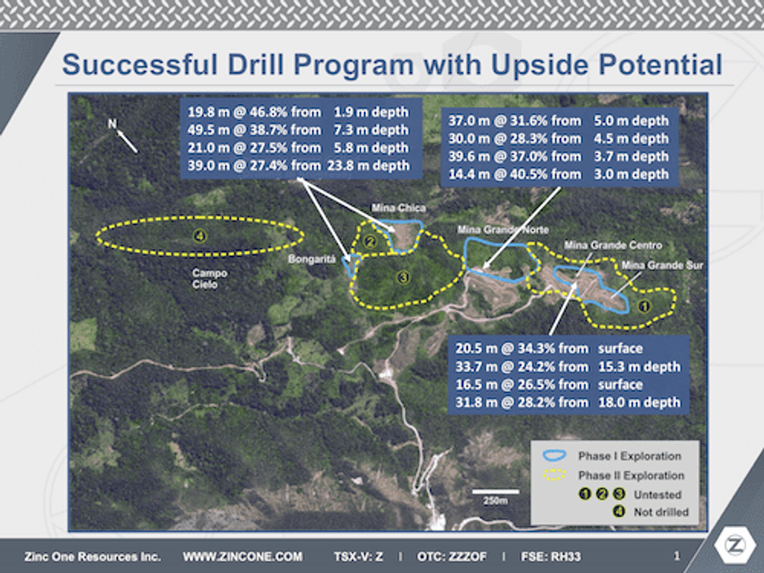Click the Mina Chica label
click(398, 208)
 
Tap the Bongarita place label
click(312, 259)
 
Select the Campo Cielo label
click(209, 279)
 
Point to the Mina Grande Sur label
click(662, 266)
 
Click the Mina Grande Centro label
click(613, 245)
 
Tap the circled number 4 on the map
click(200, 237)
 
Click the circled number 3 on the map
click(403, 278)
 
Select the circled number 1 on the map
click(644, 306)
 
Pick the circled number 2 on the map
click(370, 242)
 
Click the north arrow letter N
click(112, 124)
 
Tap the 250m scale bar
click(496, 492)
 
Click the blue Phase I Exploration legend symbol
click(554, 455)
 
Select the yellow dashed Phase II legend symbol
click(554, 475)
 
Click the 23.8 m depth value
click(368, 166)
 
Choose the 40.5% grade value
click(528, 175)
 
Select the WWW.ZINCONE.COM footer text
click(242, 557)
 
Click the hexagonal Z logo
click(734, 545)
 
